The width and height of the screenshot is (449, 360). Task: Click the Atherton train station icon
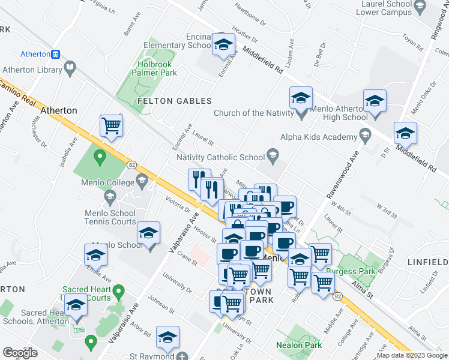(x=55, y=54)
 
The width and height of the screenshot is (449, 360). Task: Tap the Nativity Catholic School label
(x=220, y=158)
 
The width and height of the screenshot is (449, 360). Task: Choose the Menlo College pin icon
(x=142, y=179)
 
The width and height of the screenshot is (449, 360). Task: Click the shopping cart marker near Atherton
(x=111, y=126)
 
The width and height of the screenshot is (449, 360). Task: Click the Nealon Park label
(x=298, y=345)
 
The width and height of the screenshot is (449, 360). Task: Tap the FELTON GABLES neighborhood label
(x=175, y=101)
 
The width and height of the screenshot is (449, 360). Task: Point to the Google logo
(x=20, y=353)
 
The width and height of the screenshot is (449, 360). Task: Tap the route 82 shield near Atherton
(x=131, y=164)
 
